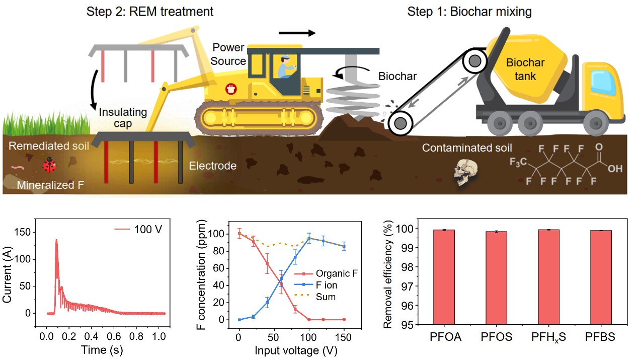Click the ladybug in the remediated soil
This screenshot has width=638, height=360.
pos(49,165)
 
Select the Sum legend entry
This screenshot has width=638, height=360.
pos(326,297)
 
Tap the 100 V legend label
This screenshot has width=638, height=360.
pos(150,230)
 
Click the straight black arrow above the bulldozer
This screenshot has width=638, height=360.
pos(297,33)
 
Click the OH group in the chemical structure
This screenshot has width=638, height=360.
pos(614,169)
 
